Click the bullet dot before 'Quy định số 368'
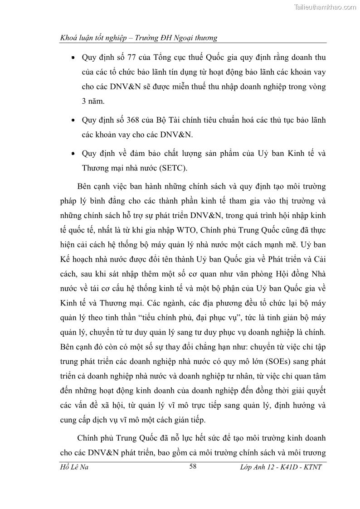tap(73, 121)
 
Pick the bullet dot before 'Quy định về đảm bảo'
tap(73, 154)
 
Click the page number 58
tap(192, 466)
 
